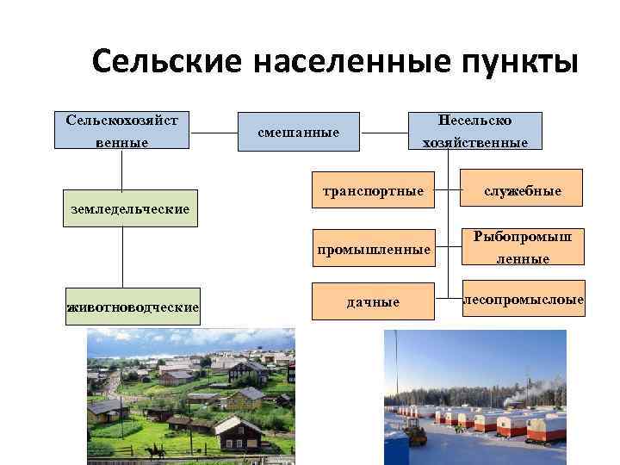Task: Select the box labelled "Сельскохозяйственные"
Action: (121, 131)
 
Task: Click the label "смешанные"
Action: (298, 133)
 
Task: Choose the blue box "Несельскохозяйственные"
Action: (474, 132)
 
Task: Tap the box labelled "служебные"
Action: (523, 190)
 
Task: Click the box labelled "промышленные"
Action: (373, 250)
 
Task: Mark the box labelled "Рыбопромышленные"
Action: (523, 247)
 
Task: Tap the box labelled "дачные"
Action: (373, 301)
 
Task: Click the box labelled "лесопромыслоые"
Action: (523, 300)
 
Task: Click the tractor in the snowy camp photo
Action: (417, 437)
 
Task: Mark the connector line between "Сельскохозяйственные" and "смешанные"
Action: (214, 133)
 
